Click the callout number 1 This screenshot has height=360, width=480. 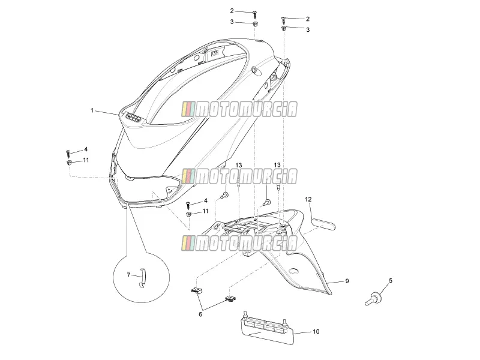pyautogui.click(x=92, y=110)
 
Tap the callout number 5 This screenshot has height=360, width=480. pyautogui.click(x=391, y=280)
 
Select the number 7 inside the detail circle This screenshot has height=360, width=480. pyautogui.click(x=128, y=275)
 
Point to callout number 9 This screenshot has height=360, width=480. pyautogui.click(x=347, y=281)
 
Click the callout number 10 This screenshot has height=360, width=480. pyautogui.click(x=316, y=332)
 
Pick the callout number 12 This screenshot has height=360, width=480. pyautogui.click(x=308, y=199)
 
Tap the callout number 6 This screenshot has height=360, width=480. pyautogui.click(x=200, y=314)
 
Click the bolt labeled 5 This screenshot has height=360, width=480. pyautogui.click(x=373, y=298)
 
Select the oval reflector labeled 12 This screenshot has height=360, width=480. pyautogui.click(x=323, y=223)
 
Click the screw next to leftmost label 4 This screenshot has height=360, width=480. pyautogui.click(x=68, y=154)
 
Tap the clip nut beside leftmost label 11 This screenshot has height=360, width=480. pyautogui.click(x=69, y=162)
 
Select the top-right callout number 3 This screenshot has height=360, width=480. pyautogui.click(x=308, y=29)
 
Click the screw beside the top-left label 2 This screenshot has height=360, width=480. pyautogui.click(x=254, y=14)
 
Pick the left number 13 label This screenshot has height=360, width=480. pyautogui.click(x=239, y=166)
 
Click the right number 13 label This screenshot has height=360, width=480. pyautogui.click(x=277, y=165)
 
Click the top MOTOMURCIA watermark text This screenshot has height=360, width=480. pyautogui.click(x=239, y=109)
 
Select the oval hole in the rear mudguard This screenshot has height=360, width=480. pyautogui.click(x=294, y=271)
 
